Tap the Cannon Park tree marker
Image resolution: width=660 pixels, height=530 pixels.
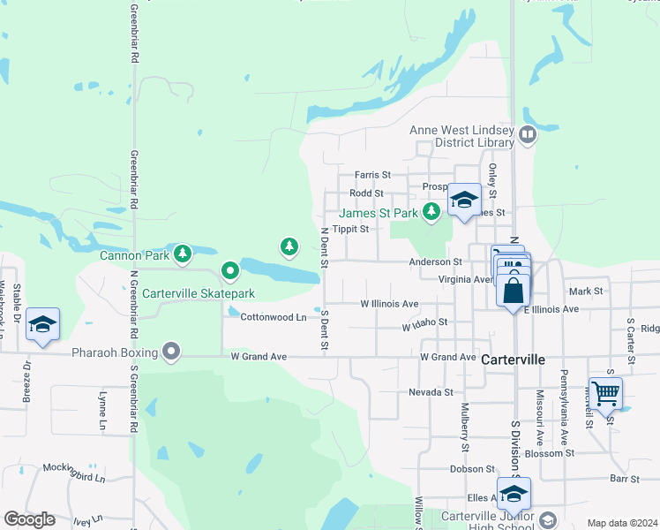click(183, 255)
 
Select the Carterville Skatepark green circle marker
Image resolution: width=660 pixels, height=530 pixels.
click(230, 269)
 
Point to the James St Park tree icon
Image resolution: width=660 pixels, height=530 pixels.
click(431, 212)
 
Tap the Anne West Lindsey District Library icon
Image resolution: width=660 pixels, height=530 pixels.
click(528, 135)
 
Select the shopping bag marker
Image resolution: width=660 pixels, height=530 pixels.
click(513, 289)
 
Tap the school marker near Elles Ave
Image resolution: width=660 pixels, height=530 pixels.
click(513, 492)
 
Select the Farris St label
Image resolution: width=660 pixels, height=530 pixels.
click(372, 175)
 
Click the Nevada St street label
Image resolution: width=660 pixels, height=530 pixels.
click(431, 391)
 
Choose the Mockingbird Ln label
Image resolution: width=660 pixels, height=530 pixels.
click(74, 479)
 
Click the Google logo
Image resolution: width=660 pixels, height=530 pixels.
click(29, 519)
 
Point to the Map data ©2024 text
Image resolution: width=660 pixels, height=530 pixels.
click(621, 523)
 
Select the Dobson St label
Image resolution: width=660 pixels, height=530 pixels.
click(472, 469)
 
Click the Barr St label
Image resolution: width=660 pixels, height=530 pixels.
click(624, 479)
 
